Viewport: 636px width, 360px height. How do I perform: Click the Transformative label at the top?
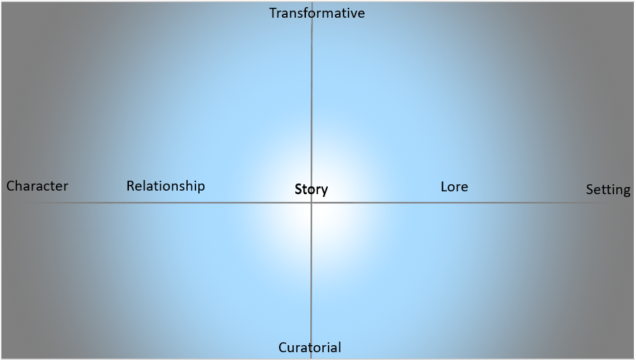coord(317,13)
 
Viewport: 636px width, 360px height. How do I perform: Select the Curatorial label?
coord(310,347)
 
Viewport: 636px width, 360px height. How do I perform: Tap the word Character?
coord(37,186)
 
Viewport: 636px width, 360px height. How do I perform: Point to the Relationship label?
coord(166,186)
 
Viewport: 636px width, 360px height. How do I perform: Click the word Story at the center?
coord(311,190)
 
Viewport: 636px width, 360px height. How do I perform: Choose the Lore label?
coord(454,187)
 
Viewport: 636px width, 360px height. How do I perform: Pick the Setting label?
coord(608,190)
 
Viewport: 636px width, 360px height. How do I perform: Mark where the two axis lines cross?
coord(312,203)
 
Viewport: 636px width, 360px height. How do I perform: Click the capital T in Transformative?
coord(273,13)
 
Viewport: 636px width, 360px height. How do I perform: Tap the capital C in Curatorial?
coord(283,347)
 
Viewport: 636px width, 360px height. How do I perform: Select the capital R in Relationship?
coord(130,186)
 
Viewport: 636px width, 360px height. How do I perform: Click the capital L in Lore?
coord(444,187)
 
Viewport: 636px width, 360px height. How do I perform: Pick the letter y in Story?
coord(324,191)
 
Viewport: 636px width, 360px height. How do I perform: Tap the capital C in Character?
coord(11,186)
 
